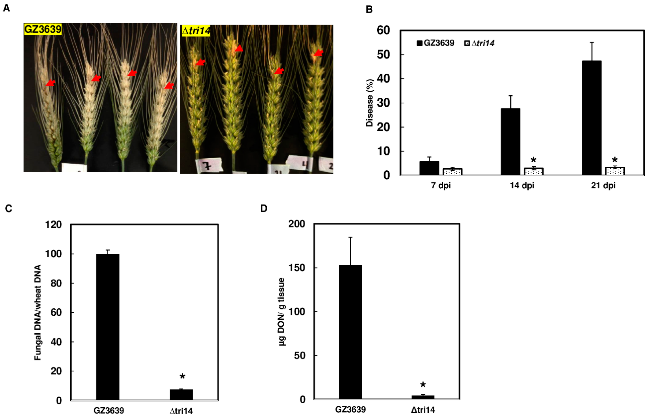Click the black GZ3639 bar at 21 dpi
click(x=592, y=118)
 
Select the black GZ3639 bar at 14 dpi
click(x=510, y=141)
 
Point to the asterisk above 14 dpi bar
click(x=533, y=160)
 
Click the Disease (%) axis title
click(x=369, y=103)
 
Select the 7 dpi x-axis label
click(x=441, y=186)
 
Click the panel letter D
click(x=264, y=208)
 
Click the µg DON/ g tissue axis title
click(x=282, y=311)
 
